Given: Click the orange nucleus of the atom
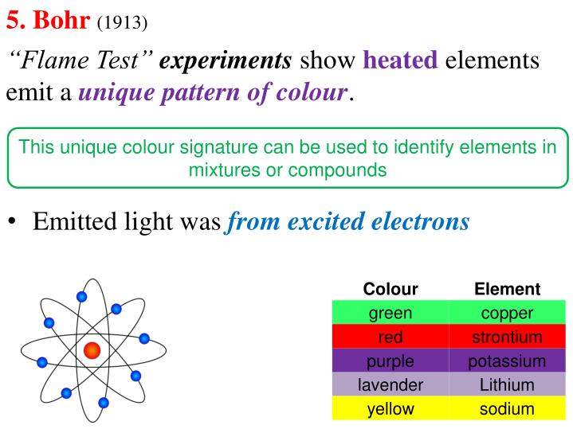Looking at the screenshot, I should [92, 349].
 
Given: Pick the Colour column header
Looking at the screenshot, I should [391, 290].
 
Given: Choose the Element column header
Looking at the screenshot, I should [507, 290].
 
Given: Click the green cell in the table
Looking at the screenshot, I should [391, 313].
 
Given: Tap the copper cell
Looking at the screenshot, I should [507, 313].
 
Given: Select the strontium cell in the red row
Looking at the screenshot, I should [507, 337].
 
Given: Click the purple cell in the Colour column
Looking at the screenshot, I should [391, 361].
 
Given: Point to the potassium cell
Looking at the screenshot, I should [507, 361].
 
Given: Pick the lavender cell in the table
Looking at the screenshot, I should [391, 385].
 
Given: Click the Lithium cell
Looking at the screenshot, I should [507, 385].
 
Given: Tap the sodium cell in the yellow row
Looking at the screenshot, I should [507, 409].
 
